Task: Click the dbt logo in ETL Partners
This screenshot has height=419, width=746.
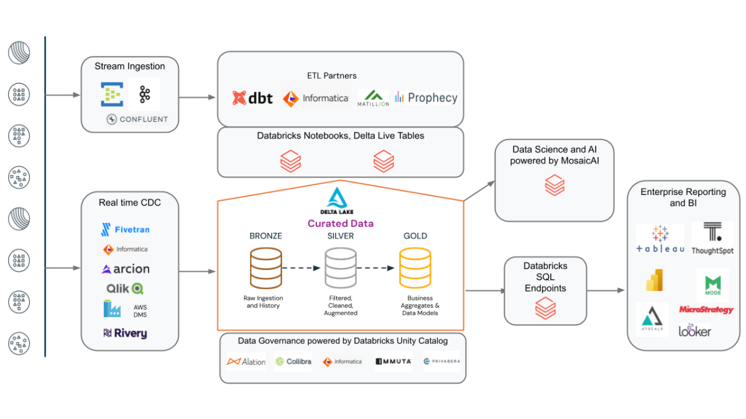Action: [x=252, y=97]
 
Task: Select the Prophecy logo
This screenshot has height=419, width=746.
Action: [x=426, y=97]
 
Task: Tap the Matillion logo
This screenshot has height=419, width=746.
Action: [x=373, y=97]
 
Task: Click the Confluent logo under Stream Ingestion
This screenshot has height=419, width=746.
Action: [x=137, y=119]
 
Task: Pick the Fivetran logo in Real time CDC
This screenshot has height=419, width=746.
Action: [x=125, y=230]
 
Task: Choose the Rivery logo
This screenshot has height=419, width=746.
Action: [x=125, y=333]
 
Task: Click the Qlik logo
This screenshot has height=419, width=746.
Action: [x=125, y=289]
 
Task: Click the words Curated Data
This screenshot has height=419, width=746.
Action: [x=341, y=223]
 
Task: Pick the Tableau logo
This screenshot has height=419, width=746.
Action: [x=660, y=239]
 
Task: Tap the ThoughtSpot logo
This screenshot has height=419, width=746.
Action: [x=712, y=239]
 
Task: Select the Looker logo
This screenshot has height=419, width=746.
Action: [x=694, y=331]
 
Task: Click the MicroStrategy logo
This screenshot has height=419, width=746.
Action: [x=706, y=309]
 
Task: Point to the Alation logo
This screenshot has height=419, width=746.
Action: [x=246, y=361]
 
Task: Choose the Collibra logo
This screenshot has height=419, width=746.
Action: [x=293, y=361]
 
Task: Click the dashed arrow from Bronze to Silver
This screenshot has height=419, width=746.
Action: [x=302, y=268]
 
